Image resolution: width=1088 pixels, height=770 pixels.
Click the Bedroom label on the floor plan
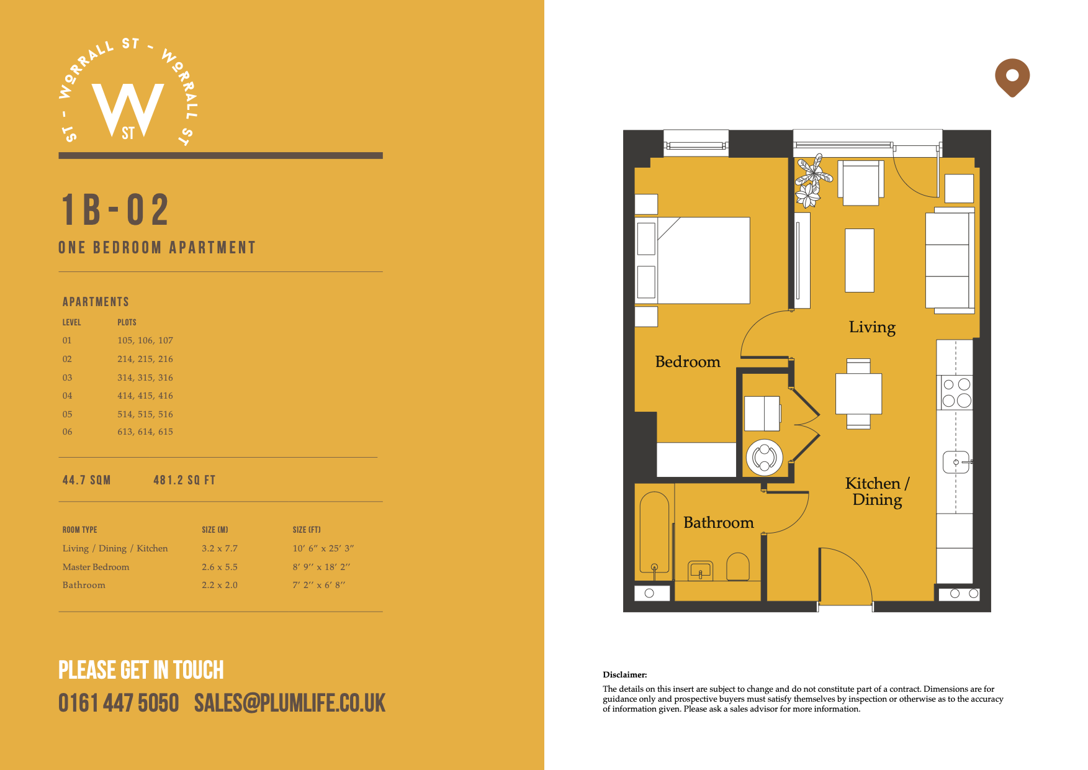pos(688,361)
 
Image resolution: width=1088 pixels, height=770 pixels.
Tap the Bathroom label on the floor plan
pos(719,522)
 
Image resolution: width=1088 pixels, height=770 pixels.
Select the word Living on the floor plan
pos(872,327)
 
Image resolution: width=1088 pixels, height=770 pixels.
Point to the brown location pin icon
pos(1012,78)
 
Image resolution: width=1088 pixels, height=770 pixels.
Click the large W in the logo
pos(128,109)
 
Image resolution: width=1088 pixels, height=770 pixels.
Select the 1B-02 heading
pos(115,209)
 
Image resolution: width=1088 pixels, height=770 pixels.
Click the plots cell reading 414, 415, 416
pos(145,396)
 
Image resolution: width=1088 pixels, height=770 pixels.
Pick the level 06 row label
pos(67,432)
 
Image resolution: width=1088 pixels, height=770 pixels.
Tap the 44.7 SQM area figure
pos(86,480)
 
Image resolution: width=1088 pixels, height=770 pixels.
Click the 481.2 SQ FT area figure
pos(184,480)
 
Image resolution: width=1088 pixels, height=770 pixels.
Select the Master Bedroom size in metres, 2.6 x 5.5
pos(220,567)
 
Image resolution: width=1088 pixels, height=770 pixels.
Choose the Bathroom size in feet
pos(319,585)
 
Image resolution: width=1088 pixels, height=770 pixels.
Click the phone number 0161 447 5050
pos(119,703)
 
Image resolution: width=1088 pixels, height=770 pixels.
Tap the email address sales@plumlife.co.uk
pos(290,703)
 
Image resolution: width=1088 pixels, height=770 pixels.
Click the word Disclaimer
pos(624,674)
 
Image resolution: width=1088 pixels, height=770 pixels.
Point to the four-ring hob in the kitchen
pos(956,392)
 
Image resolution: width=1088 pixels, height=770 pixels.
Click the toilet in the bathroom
pos(738,566)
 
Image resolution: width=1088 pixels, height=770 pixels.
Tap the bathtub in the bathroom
pos(654,532)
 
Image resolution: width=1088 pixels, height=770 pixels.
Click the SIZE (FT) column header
pos(307,530)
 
